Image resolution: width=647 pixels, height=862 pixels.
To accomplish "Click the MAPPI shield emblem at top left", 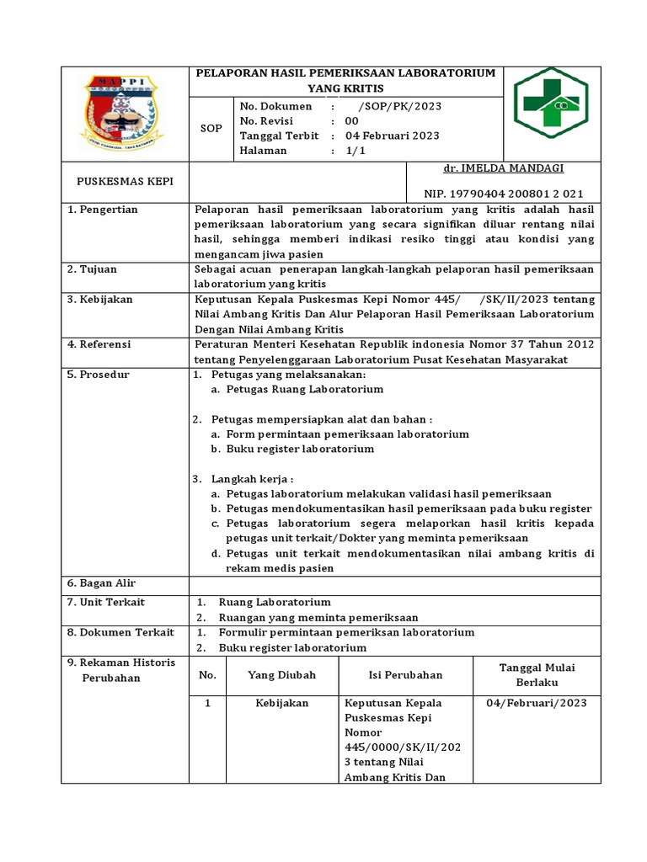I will pyautogui.click(x=126, y=113).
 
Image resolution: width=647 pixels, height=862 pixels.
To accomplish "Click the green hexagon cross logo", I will pyautogui.click(x=553, y=103).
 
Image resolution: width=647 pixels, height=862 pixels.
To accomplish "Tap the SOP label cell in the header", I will pyautogui.click(x=211, y=129).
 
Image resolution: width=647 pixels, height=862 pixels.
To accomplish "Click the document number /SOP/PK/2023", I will pyautogui.click(x=399, y=107).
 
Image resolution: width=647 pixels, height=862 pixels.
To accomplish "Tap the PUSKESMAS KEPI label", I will pyautogui.click(x=125, y=181).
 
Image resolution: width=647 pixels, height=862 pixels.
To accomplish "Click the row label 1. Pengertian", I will pyautogui.click(x=103, y=210).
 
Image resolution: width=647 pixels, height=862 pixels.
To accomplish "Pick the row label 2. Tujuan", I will pyautogui.click(x=93, y=269).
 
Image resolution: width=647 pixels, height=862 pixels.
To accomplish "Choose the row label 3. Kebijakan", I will pyautogui.click(x=100, y=300).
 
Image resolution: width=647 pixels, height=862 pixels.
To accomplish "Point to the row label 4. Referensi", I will pyautogui.click(x=99, y=344).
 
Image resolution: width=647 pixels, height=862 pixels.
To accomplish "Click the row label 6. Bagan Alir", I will pyautogui.click(x=102, y=583).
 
